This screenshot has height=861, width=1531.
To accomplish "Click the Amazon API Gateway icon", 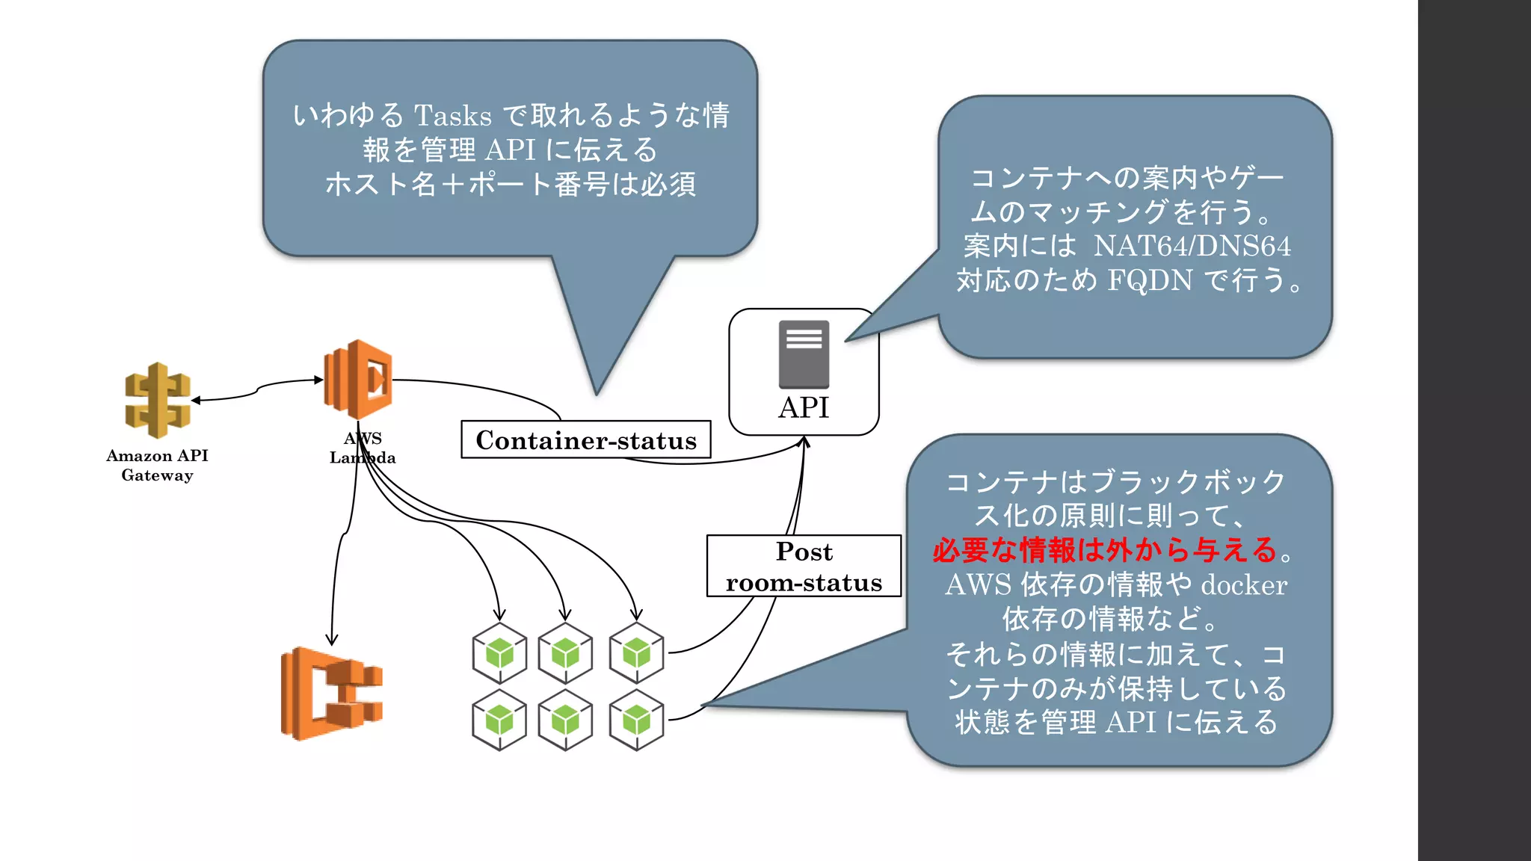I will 157,400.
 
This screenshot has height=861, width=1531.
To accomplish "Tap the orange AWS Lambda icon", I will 358,379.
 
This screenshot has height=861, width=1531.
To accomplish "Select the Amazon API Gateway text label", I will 157,465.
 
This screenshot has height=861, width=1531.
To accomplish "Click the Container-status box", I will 585,440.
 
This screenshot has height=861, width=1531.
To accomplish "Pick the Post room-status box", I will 804,567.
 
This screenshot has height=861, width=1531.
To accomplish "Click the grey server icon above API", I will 804,354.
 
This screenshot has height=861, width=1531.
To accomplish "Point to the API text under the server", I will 804,408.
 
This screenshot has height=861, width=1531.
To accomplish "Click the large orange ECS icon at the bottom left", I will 331,694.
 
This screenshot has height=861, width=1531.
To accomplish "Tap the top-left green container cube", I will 499,653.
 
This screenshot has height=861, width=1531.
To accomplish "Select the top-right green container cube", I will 636,653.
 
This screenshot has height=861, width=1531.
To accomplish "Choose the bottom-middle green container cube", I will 565,720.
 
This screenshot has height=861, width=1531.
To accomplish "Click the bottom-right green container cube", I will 636,720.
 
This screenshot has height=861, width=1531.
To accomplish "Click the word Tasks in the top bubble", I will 453,116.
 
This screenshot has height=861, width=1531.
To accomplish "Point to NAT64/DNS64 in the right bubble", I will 1192,246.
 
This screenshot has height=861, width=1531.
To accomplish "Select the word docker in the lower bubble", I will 1243,584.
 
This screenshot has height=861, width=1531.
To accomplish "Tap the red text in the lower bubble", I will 1105,550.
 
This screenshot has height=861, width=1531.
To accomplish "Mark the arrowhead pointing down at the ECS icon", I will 332,641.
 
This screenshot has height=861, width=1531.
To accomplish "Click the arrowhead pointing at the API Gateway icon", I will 196,401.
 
